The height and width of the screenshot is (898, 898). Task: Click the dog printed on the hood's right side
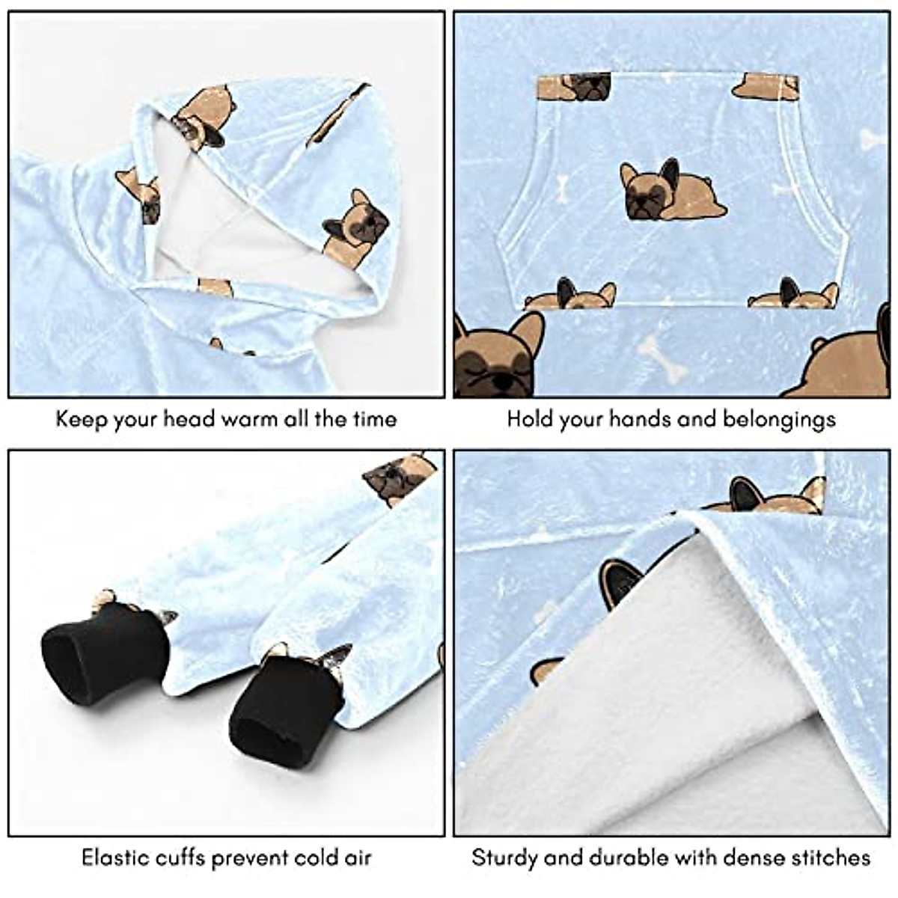click(357, 227)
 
